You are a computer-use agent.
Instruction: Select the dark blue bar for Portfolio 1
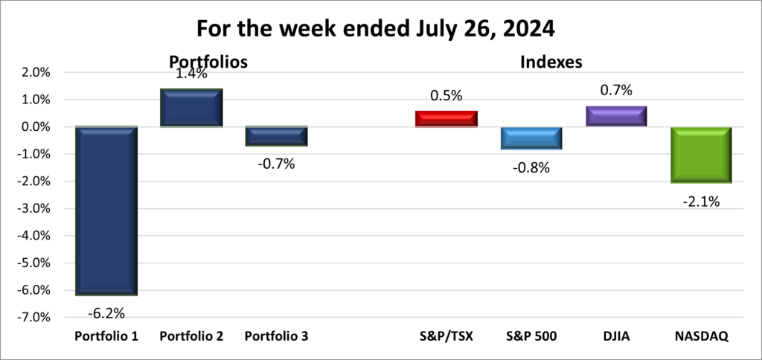(x=106, y=210)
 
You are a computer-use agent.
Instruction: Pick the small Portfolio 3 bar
(x=277, y=136)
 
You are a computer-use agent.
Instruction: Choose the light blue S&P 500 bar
(x=531, y=138)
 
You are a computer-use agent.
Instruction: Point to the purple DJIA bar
(x=616, y=116)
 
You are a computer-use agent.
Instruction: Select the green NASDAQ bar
(x=701, y=155)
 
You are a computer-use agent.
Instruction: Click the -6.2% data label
(x=106, y=312)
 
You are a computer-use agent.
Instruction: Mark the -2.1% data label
(x=701, y=201)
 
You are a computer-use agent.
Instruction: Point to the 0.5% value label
(x=446, y=95)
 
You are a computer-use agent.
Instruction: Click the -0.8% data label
(x=531, y=167)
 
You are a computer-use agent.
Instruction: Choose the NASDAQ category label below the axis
(x=701, y=336)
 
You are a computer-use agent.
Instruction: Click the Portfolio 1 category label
(x=106, y=336)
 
